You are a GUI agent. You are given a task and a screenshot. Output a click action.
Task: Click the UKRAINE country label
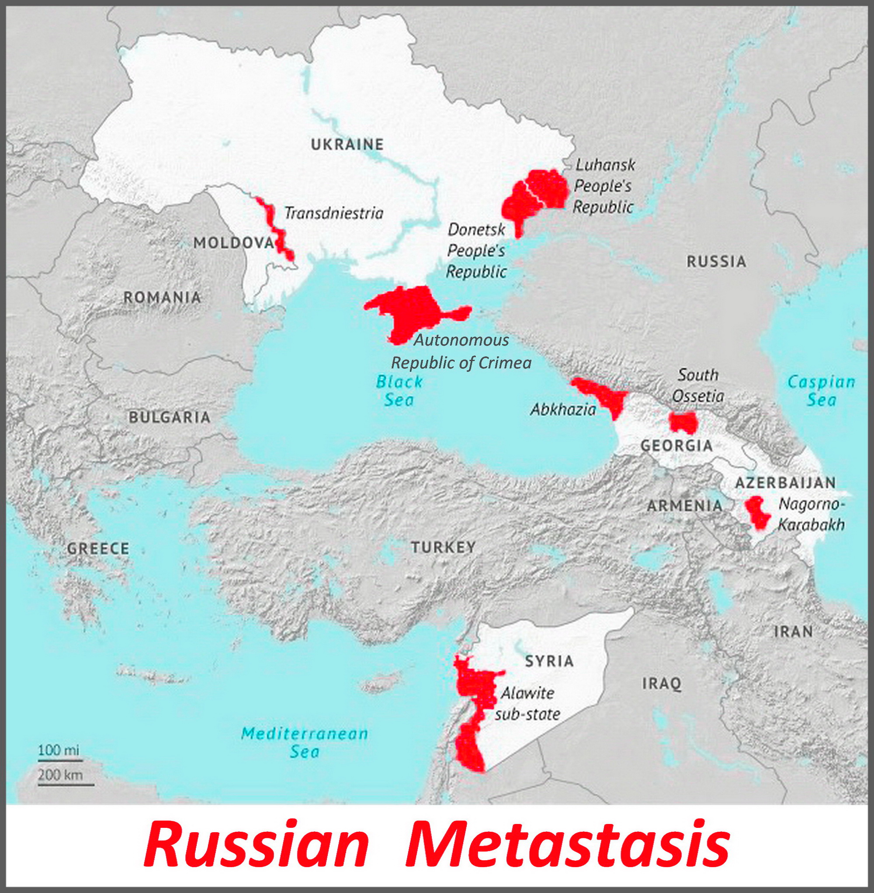pos(347,144)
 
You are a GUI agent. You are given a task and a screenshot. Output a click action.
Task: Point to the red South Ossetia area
pos(683,421)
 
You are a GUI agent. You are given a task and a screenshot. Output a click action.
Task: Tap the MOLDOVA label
pos(233,243)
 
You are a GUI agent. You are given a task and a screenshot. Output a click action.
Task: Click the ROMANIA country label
pos(162,298)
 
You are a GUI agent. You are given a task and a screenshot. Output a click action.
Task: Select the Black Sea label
pos(399,391)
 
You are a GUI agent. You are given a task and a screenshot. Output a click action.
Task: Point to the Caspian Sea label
pos(821,391)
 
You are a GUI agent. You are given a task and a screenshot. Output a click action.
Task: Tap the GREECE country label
pos(98,549)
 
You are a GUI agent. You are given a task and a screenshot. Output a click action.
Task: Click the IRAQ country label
pos(662,684)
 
